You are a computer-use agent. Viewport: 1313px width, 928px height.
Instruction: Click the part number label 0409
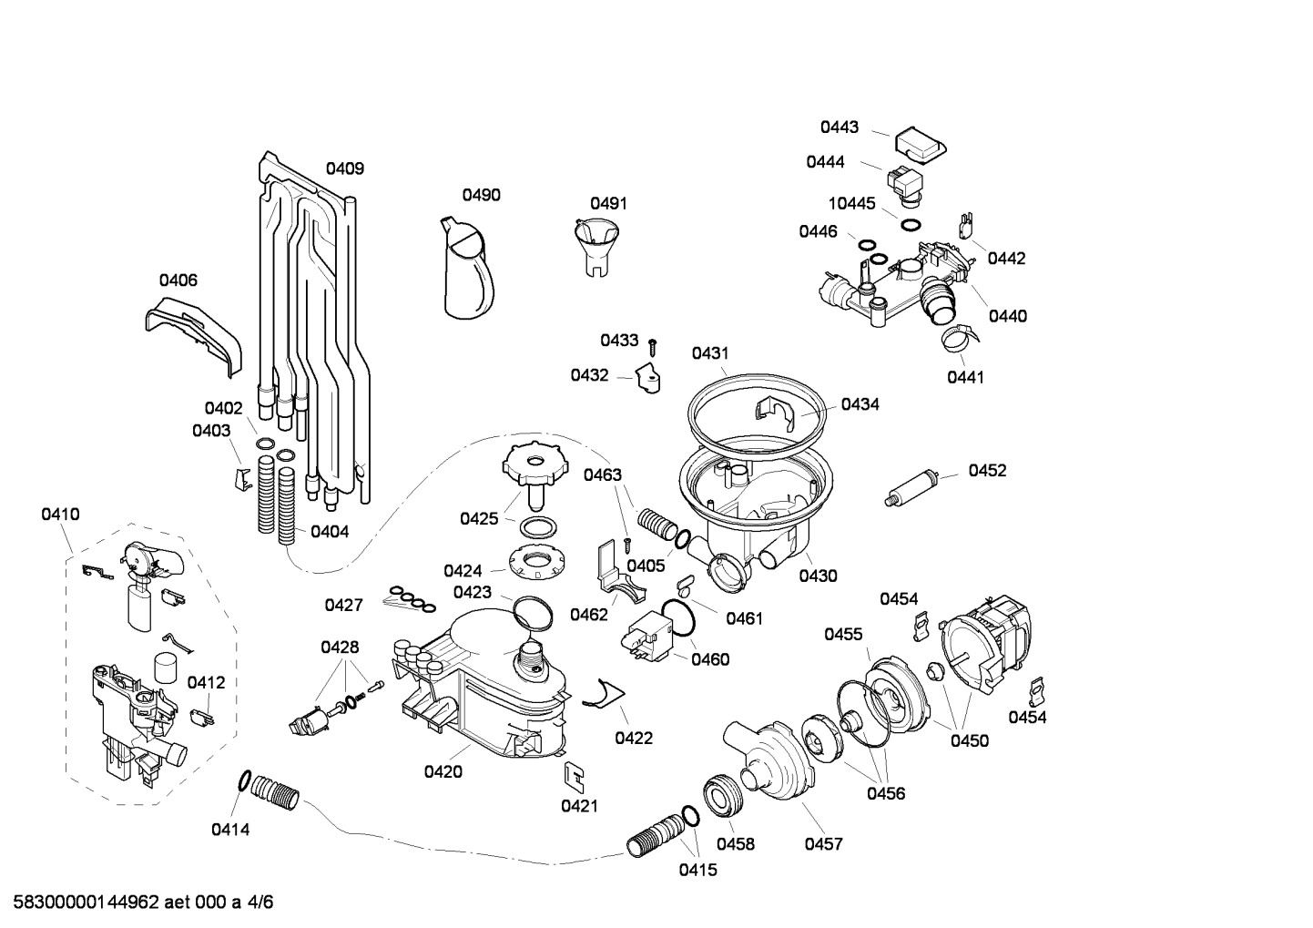[x=345, y=168]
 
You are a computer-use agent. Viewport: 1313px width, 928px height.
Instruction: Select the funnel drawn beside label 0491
[x=596, y=246]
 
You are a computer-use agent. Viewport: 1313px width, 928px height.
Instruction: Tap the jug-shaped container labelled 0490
[x=467, y=268]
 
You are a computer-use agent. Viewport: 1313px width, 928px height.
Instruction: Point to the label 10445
[x=851, y=203]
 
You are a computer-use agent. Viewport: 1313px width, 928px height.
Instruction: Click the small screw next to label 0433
[x=652, y=348]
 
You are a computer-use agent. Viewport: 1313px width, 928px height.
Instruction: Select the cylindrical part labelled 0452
[x=912, y=486]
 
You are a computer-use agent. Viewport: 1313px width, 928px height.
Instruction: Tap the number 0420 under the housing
[x=443, y=771]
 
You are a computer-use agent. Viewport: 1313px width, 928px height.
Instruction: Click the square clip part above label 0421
[x=575, y=778]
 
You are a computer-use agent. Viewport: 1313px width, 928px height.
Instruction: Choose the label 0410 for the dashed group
[x=60, y=515]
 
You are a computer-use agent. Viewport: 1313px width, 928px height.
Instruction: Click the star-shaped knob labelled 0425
[x=535, y=475]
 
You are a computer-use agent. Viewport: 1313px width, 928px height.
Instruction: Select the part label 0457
[x=823, y=844]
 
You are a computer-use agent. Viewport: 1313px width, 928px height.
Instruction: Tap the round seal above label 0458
[x=723, y=796]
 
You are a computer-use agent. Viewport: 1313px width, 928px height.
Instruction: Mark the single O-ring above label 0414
[x=244, y=781]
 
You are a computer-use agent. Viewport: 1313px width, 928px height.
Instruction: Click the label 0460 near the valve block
[x=710, y=659]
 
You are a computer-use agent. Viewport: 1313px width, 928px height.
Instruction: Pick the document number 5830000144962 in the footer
[x=87, y=903]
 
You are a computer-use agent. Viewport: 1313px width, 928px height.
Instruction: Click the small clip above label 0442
[x=965, y=226]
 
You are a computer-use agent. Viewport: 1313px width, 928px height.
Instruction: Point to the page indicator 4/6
[x=260, y=903]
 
